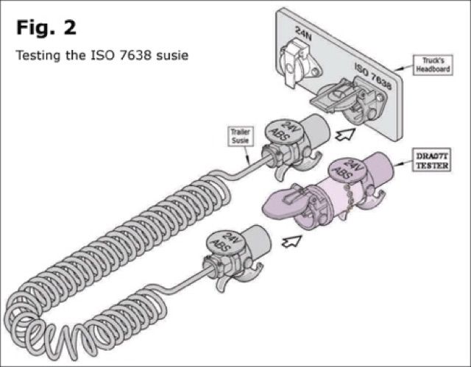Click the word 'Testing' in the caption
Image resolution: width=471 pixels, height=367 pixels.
point(38,55)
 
